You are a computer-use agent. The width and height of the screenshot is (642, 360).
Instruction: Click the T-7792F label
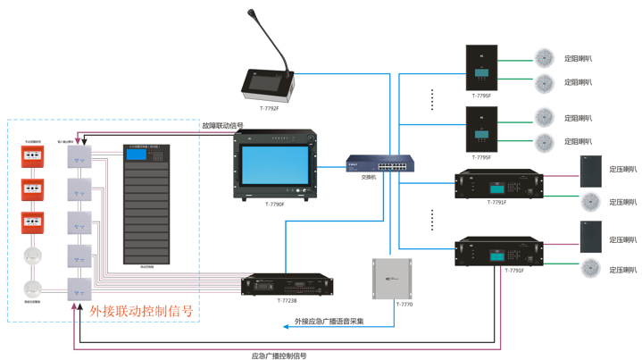(x=269, y=108)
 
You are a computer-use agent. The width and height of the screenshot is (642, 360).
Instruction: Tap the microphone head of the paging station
(x=253, y=14)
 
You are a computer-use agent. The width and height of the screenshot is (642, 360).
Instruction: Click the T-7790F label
(x=274, y=205)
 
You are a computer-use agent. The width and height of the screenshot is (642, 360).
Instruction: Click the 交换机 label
(x=369, y=177)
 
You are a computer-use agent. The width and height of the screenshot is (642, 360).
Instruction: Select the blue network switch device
(x=379, y=164)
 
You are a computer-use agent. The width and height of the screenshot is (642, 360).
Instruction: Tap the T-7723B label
(x=288, y=301)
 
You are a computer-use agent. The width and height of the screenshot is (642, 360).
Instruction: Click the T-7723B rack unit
(x=288, y=285)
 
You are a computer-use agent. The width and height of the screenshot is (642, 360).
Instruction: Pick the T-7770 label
(x=404, y=305)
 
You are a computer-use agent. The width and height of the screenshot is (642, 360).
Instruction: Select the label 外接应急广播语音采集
(x=329, y=322)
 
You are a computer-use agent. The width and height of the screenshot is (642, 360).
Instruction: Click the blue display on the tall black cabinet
(x=136, y=155)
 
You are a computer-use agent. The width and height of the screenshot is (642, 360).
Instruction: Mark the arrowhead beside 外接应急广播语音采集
(x=290, y=327)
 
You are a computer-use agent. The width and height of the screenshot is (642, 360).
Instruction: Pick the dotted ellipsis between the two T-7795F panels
(x=432, y=99)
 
